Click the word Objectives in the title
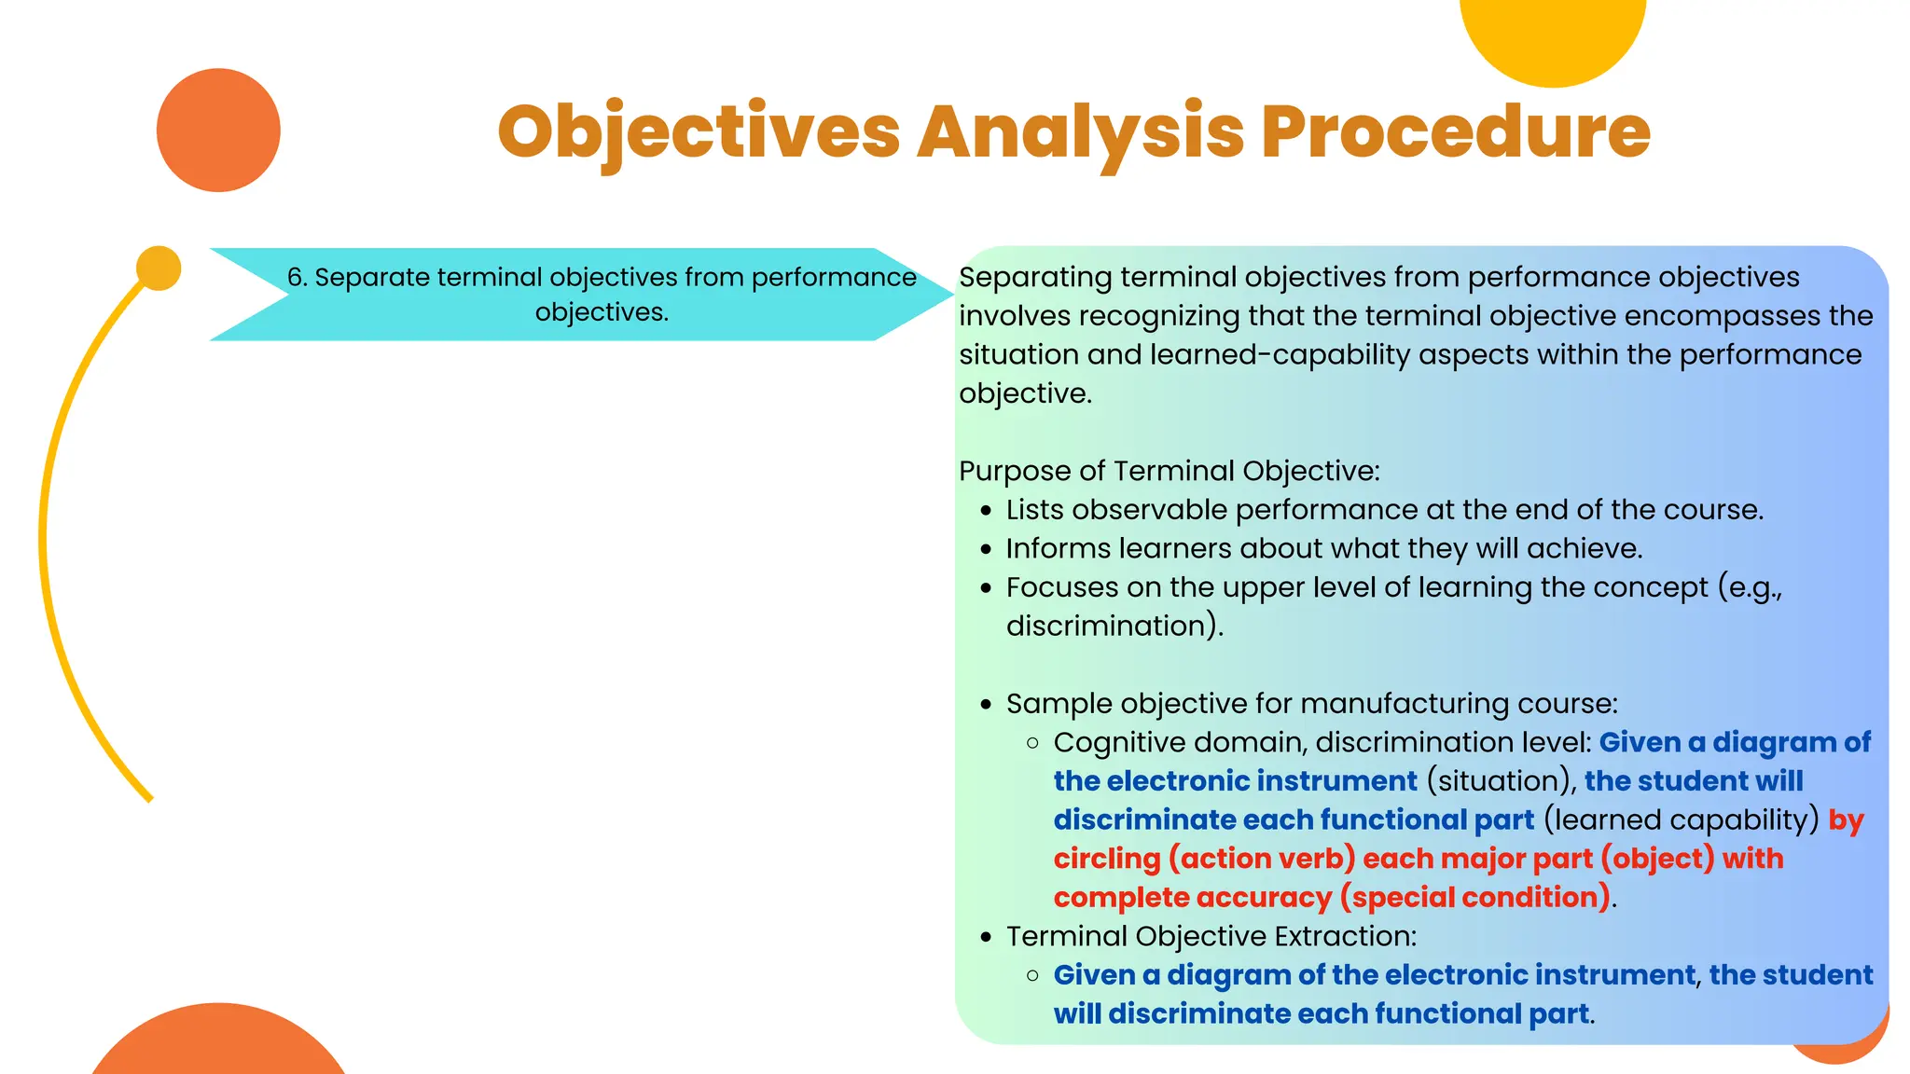pyautogui.click(x=699, y=132)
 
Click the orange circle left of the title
pyautogui.click(x=218, y=131)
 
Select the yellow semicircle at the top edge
pyautogui.click(x=1553, y=37)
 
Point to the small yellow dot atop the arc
pyautogui.click(x=159, y=268)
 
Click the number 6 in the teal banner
pyautogui.click(x=295, y=278)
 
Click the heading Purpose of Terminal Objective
pyautogui.click(x=1169, y=471)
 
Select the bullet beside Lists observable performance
pyautogui.click(x=986, y=511)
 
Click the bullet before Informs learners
pyautogui.click(x=986, y=550)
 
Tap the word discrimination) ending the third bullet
pyautogui.click(x=1114, y=626)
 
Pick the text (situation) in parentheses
pyautogui.click(x=1501, y=781)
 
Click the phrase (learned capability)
pyautogui.click(x=1682, y=820)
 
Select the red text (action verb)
pyautogui.click(x=1262, y=859)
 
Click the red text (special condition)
pyautogui.click(x=1475, y=898)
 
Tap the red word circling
pyautogui.click(x=1107, y=859)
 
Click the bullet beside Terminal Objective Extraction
pyautogui.click(x=986, y=937)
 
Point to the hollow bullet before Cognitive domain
pyautogui.click(x=1032, y=743)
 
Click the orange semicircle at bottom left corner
pyautogui.click(x=218, y=1044)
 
